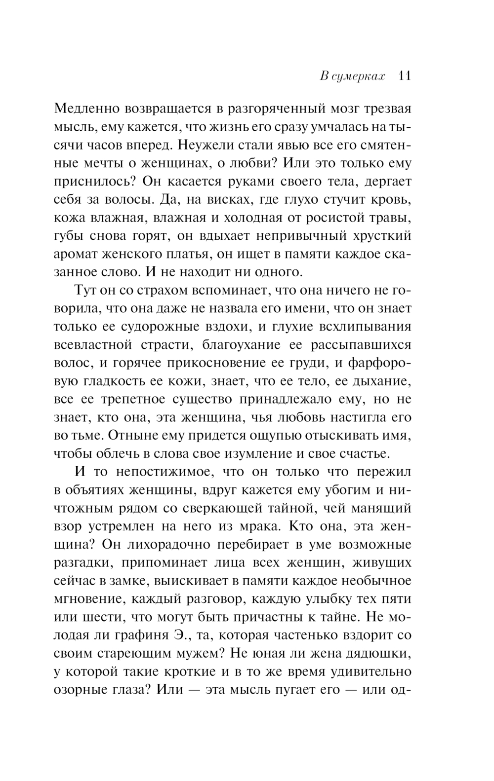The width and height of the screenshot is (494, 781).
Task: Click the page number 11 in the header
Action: (x=404, y=76)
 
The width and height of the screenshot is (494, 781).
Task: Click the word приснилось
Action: (x=94, y=182)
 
